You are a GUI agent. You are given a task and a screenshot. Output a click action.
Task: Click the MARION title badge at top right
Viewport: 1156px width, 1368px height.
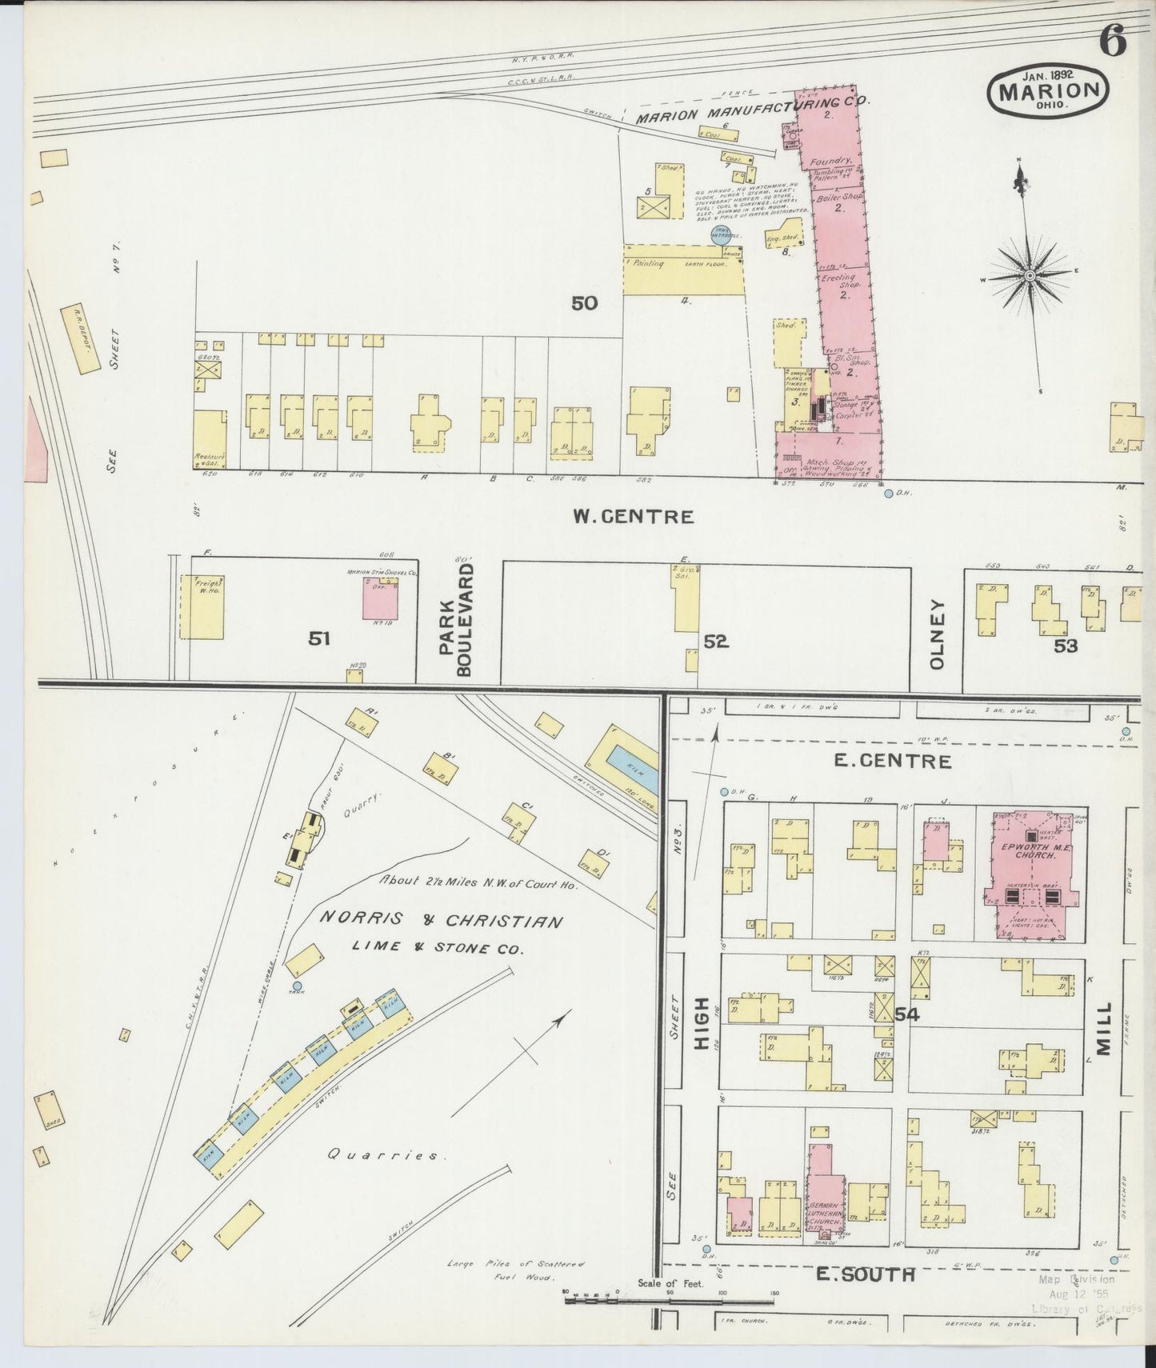[x=1050, y=89]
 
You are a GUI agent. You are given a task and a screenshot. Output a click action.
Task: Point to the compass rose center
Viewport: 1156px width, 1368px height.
[x=1030, y=275]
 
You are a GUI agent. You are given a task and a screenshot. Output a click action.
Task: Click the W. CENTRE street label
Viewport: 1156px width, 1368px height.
[x=633, y=516]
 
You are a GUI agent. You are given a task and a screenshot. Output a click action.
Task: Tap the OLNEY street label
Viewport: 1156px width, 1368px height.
[x=938, y=634]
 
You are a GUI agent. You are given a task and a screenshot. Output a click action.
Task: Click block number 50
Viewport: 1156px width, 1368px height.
[x=585, y=303]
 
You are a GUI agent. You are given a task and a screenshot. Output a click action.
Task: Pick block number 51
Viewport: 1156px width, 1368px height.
[x=320, y=638]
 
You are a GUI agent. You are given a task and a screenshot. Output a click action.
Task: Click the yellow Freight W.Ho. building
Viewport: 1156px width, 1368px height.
[x=206, y=606]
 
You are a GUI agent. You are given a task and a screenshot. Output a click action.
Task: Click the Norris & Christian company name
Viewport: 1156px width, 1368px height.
[x=440, y=922]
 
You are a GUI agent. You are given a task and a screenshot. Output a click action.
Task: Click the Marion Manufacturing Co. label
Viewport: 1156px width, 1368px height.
[x=752, y=110]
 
